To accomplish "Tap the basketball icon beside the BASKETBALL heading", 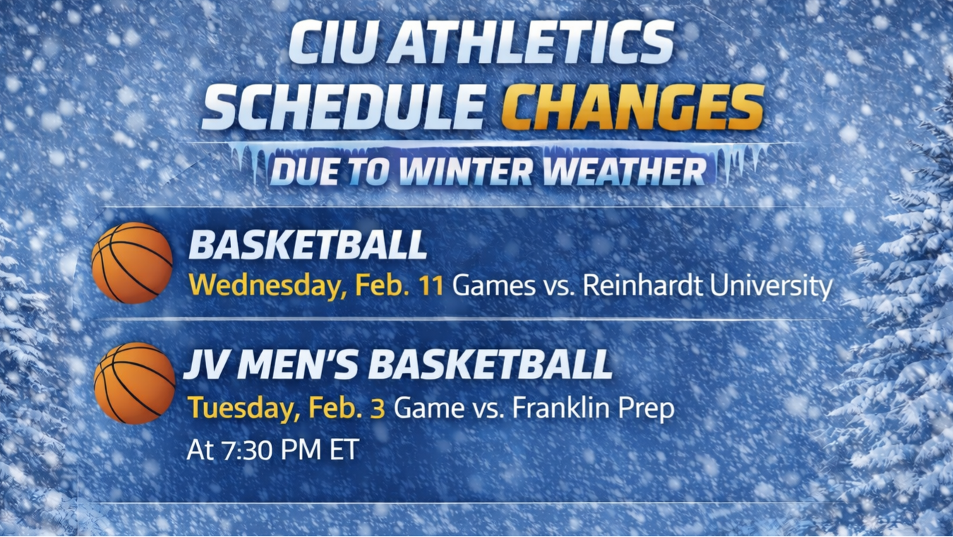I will [x=132, y=263].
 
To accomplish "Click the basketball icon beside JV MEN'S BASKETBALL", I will [x=134, y=384].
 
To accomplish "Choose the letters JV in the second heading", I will [x=205, y=365].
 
